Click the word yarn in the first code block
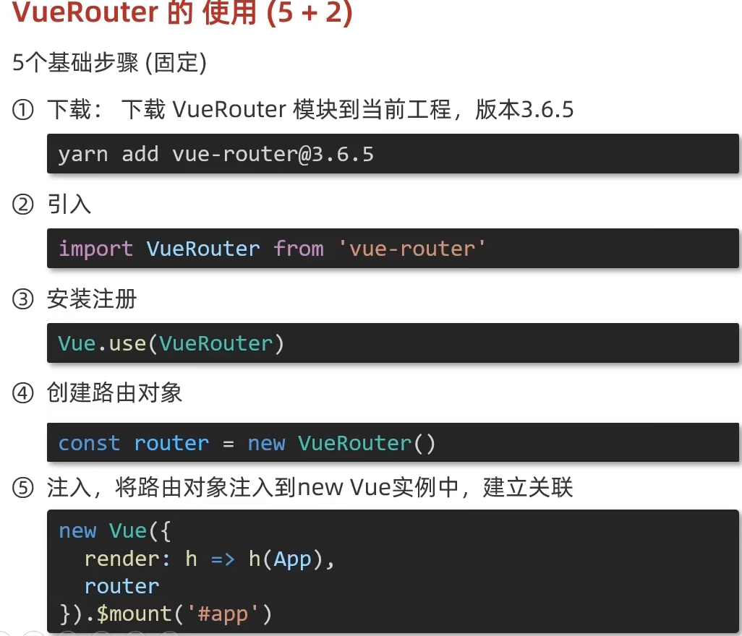tap(82, 154)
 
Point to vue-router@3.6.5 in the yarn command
tap(273, 154)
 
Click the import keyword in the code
tap(95, 249)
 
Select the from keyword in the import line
tap(298, 249)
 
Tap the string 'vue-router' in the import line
tap(411, 249)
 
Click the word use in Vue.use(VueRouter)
tap(127, 343)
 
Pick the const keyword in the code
tap(89, 443)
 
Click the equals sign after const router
tap(229, 443)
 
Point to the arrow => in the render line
tap(223, 559)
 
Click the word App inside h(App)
tap(292, 559)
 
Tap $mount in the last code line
tap(133, 614)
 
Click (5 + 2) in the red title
tap(309, 14)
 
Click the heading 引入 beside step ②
tap(69, 205)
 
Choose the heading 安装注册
tap(92, 300)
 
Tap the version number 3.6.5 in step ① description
tap(547, 111)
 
